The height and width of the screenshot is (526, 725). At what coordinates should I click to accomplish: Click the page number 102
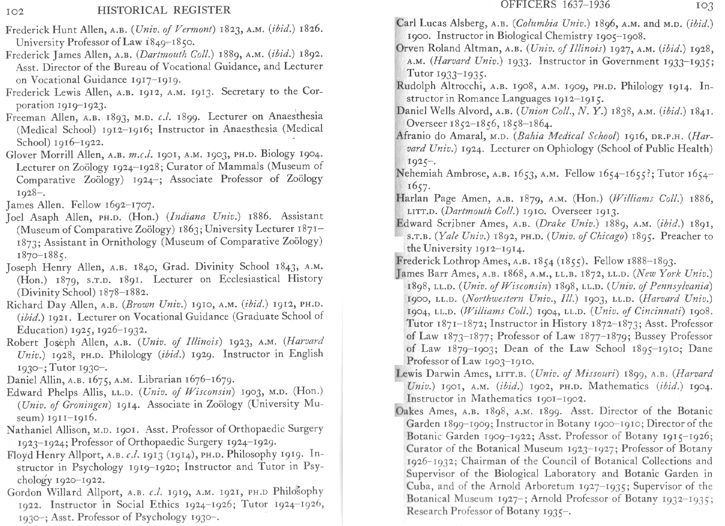point(15,11)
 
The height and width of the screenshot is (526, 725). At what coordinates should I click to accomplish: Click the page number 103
point(703,6)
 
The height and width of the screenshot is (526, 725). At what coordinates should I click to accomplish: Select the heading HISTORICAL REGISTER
point(164,10)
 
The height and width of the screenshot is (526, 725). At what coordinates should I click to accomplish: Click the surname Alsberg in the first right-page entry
point(467,24)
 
